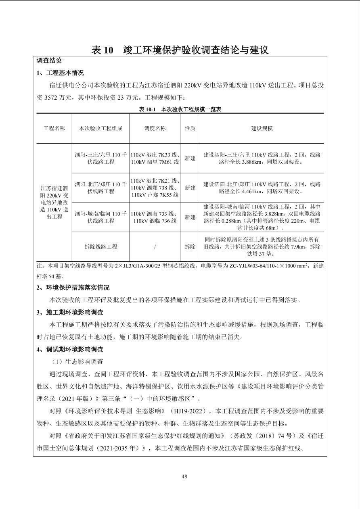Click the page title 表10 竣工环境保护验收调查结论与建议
coord(180,50)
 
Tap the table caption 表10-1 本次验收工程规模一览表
coord(180,109)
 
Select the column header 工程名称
coord(54,128)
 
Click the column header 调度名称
coord(155,128)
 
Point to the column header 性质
coord(190,128)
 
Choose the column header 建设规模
coord(262,128)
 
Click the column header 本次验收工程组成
coord(100,128)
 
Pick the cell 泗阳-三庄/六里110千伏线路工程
coord(100,159)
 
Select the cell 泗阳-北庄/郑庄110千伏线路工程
coord(100,188)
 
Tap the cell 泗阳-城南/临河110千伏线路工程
coord(100,217)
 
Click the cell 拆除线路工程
coord(100,247)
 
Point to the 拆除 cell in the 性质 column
coord(190,247)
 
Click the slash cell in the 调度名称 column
coord(155,247)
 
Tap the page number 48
coord(184,476)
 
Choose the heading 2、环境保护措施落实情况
coord(73,288)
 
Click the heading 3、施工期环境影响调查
coord(70,312)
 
